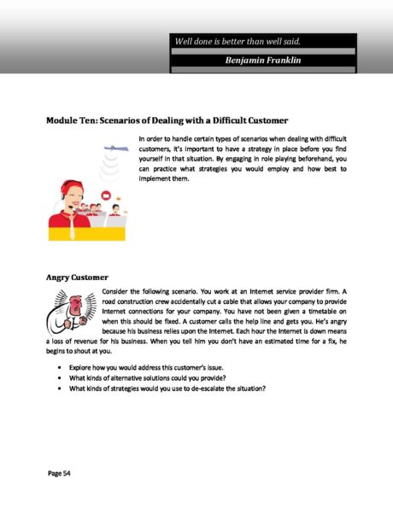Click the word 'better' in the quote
[247, 41]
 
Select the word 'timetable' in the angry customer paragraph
[326, 315]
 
